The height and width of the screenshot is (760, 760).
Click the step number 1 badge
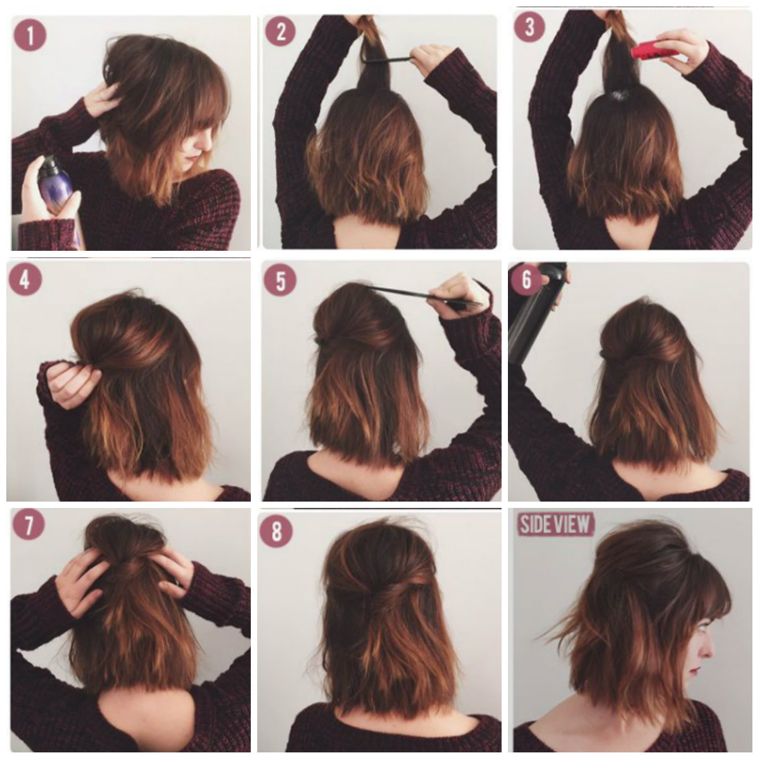(30, 35)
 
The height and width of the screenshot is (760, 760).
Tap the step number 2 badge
(281, 32)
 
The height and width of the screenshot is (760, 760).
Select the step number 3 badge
(529, 27)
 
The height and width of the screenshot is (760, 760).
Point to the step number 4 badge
(25, 280)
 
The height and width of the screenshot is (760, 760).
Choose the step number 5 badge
(280, 281)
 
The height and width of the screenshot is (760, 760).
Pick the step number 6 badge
(526, 280)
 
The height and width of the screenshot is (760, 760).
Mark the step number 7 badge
(28, 525)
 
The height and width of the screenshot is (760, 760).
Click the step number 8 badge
(276, 531)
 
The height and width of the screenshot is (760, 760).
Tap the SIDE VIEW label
(555, 524)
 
